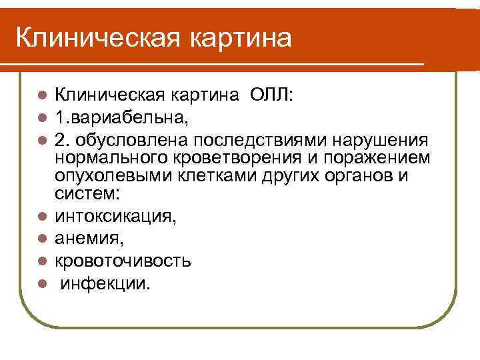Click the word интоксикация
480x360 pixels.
[x=115, y=215]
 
